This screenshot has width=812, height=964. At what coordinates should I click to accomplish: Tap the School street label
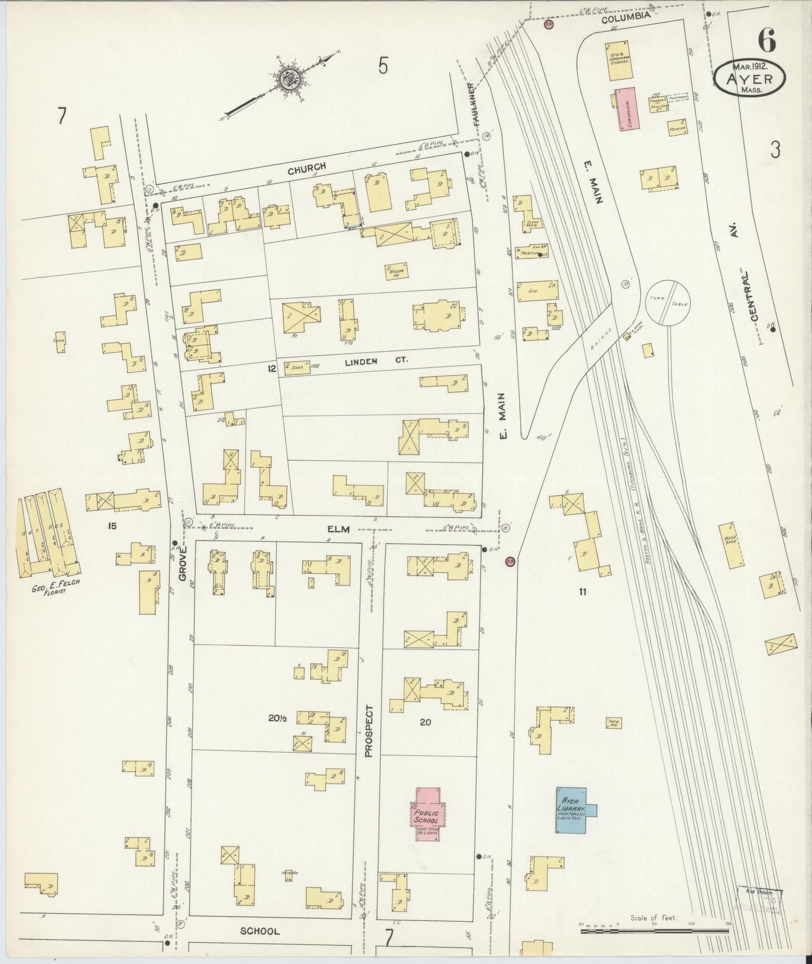(260, 931)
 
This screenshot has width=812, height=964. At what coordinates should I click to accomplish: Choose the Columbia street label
(625, 17)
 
